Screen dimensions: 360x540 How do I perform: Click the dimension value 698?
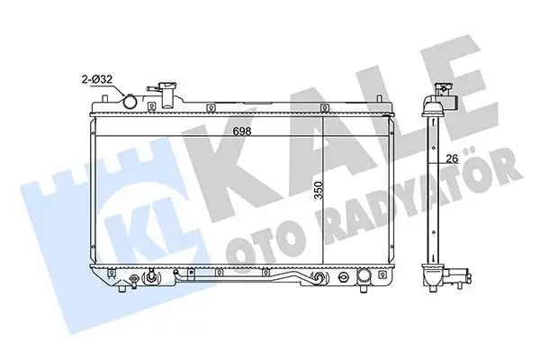tap(213, 132)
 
